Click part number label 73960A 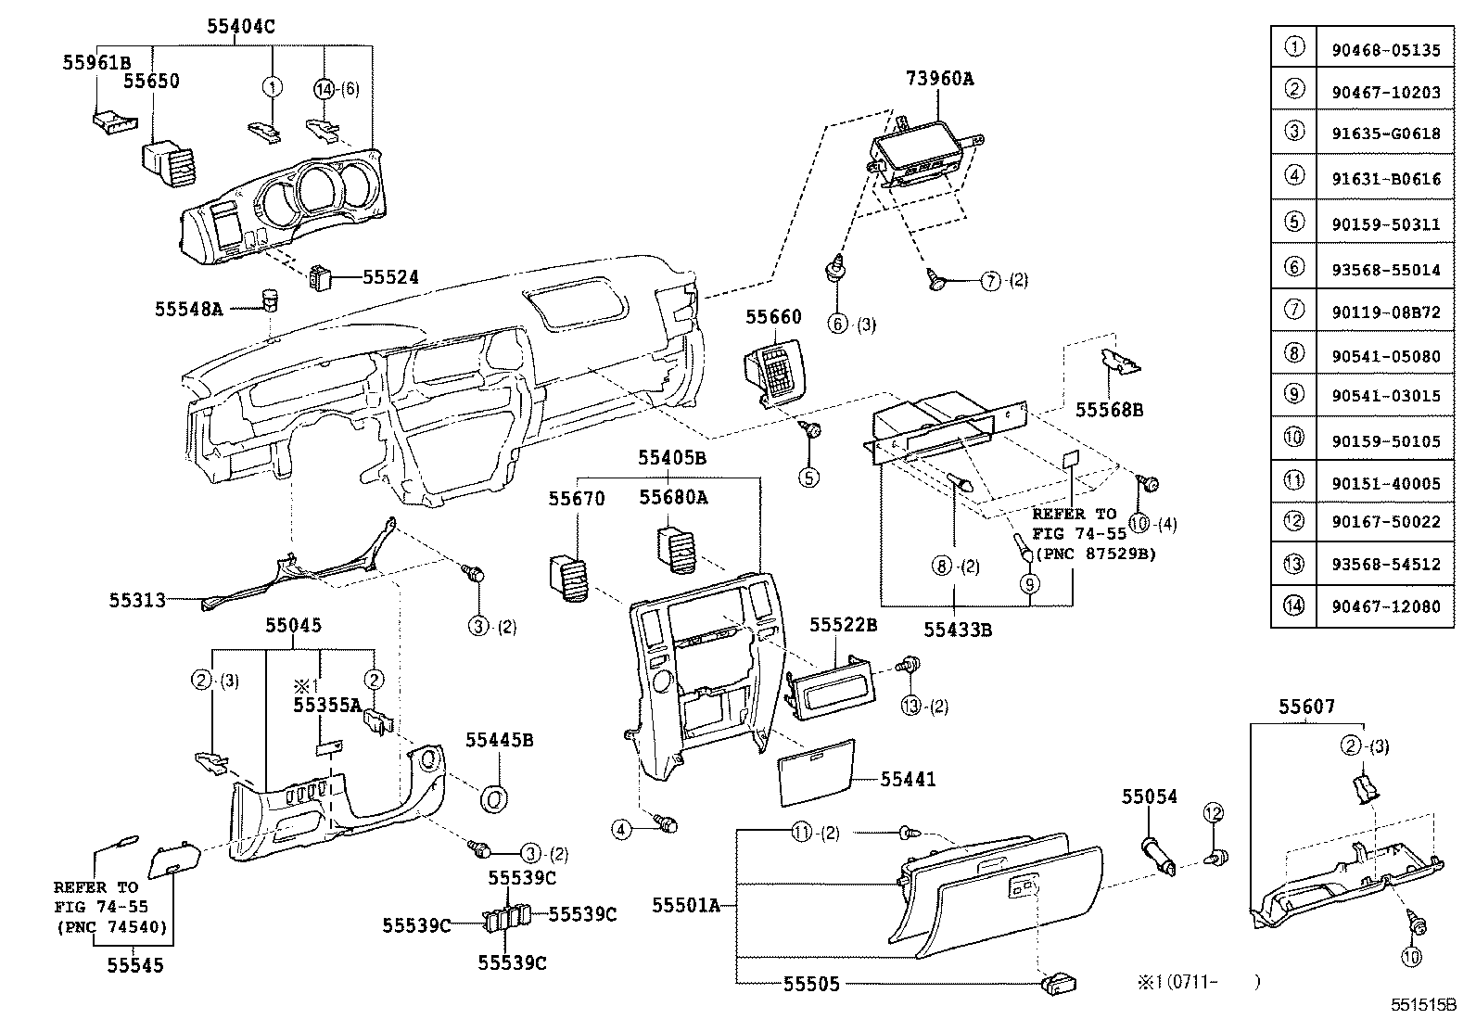pyautogui.click(x=939, y=79)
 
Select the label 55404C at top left pyautogui.click(x=240, y=27)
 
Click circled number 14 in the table pyautogui.click(x=1293, y=606)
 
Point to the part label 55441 pyautogui.click(x=908, y=779)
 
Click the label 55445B pyautogui.click(x=499, y=740)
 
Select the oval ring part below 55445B pyautogui.click(x=493, y=797)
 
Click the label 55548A pyautogui.click(x=189, y=308)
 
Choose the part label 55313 pyautogui.click(x=137, y=600)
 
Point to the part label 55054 pyautogui.click(x=1149, y=796)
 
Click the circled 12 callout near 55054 pyautogui.click(x=1215, y=813)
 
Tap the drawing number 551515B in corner pyautogui.click(x=1422, y=1004)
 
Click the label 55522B pyautogui.click(x=843, y=625)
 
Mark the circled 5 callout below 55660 pyautogui.click(x=810, y=478)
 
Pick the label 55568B pyautogui.click(x=1109, y=409)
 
